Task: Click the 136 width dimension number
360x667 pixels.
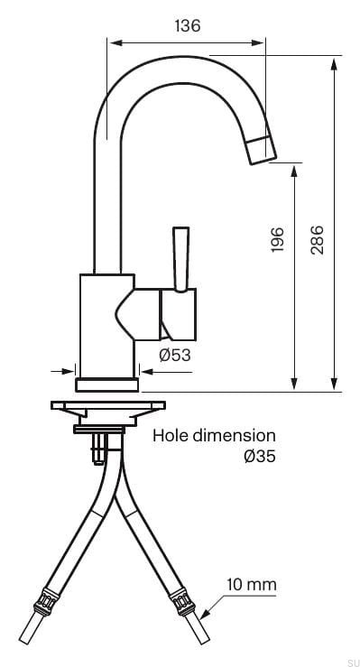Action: pos(187,26)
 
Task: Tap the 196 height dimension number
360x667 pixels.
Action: pos(277,242)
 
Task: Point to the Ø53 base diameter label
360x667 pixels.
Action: pos(174,355)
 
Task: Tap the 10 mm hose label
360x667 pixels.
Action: pos(252,586)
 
